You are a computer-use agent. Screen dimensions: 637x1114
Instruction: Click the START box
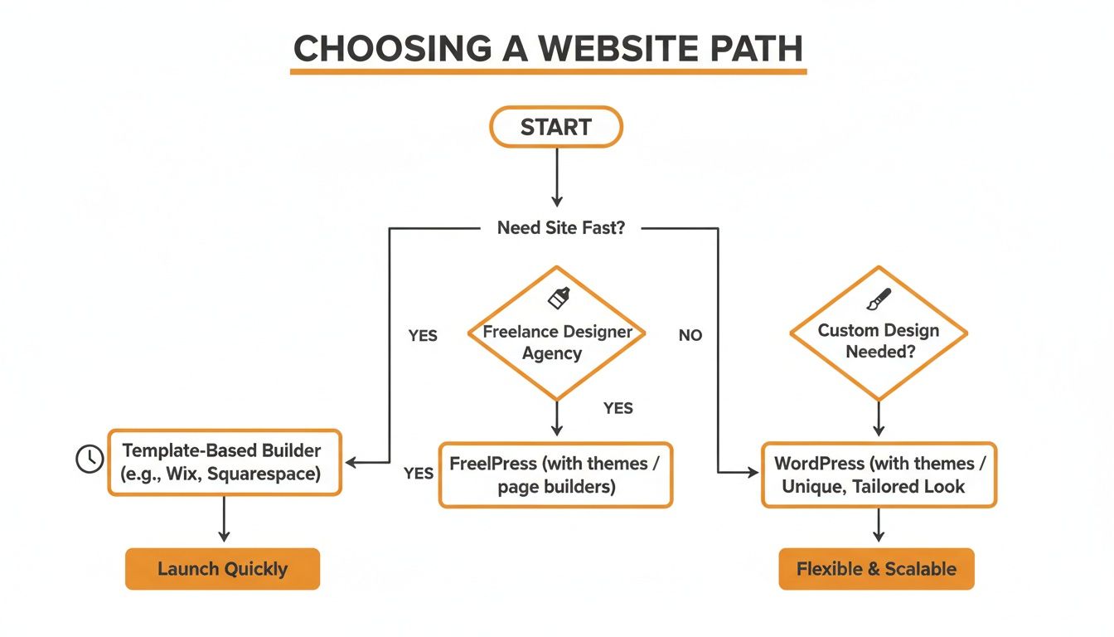[556, 127]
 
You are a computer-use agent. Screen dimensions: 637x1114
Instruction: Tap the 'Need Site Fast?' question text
[560, 227]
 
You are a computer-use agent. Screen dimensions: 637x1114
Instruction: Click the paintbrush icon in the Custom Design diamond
[879, 299]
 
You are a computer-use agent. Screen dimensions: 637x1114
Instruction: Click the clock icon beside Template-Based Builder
[90, 459]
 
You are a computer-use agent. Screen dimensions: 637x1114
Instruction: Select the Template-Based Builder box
[225, 463]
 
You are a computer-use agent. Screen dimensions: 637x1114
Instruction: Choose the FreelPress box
[555, 474]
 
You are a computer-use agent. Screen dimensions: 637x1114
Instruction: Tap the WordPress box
[879, 474]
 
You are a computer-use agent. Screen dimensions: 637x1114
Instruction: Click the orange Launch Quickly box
[222, 569]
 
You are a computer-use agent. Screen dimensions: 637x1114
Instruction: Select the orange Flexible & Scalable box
[876, 569]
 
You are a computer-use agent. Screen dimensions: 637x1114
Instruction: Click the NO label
[690, 335]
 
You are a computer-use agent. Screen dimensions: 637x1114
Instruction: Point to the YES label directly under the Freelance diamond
[618, 408]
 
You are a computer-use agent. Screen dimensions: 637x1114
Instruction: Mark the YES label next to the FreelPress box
[419, 474]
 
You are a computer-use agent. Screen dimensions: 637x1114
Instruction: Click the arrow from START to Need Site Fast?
[556, 177]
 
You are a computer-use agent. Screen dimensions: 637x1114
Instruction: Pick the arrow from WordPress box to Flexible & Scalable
[879, 525]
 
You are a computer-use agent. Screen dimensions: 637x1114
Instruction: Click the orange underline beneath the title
[548, 72]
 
